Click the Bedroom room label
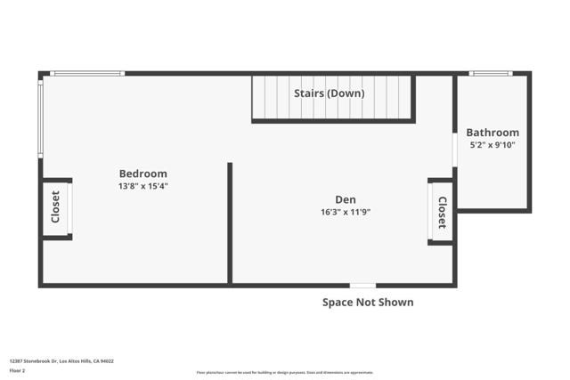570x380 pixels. pos(142,174)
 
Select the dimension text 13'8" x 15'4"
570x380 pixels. pos(142,187)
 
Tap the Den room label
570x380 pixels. pos(345,199)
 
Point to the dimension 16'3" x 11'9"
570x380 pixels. pos(345,213)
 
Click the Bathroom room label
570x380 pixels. pos(493,133)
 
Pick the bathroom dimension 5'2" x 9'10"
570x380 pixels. pos(493,145)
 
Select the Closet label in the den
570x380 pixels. pos(442,212)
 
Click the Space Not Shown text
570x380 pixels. pos(368,303)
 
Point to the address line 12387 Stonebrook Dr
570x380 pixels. pos(61,361)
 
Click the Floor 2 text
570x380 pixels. pos(17,370)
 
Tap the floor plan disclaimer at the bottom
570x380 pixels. pos(285,373)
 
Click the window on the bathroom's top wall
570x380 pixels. pos(491,73)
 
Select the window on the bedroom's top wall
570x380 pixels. pos(86,73)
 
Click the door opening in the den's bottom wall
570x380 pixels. pos(362,286)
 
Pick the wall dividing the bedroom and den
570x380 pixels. pos(230,222)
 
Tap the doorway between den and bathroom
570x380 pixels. pos(454,150)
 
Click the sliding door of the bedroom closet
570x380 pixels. pos(70,209)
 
